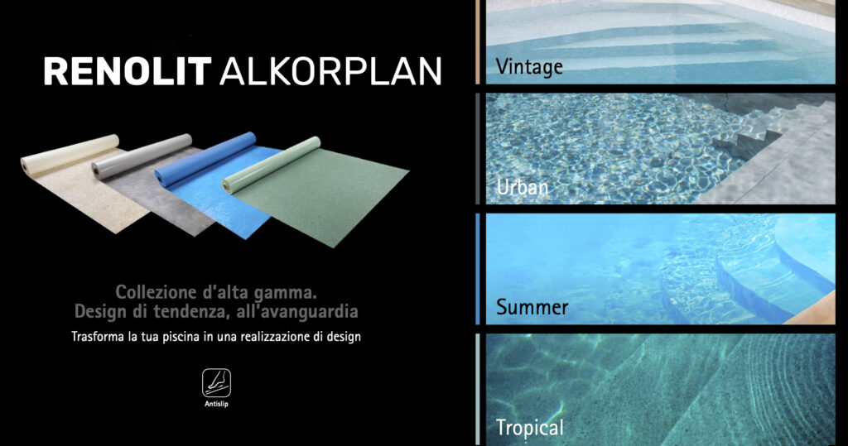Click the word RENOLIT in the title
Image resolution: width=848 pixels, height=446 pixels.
pos(128,71)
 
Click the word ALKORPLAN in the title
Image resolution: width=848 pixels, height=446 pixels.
pos(330,71)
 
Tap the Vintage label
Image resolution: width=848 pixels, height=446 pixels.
pos(529,67)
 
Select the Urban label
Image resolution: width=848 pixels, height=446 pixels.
pos(523,187)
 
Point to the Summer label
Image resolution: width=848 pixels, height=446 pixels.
pos(532,307)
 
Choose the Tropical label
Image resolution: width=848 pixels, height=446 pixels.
pos(529,428)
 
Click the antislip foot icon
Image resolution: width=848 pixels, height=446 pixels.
pos(216,383)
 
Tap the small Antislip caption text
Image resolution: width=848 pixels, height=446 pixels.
pos(216,404)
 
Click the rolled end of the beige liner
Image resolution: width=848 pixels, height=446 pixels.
pos(24,165)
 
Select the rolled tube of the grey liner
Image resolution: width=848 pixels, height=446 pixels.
pos(142,156)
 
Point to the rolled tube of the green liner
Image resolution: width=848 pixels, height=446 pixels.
pos(272,165)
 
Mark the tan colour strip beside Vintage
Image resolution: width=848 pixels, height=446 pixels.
pos(478,42)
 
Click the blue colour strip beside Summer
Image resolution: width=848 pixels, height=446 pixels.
pos(478,269)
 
